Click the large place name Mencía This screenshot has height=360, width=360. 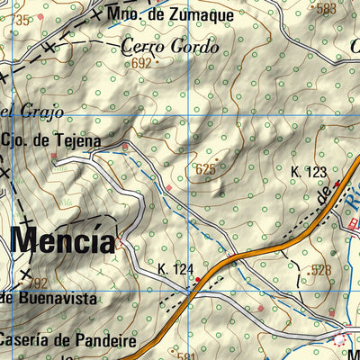[63, 241]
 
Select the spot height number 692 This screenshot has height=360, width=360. [141, 63]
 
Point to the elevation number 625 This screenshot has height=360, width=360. [205, 168]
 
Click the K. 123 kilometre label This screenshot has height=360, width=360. [308, 171]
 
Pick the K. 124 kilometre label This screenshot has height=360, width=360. [175, 269]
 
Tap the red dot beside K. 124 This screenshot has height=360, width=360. [200, 280]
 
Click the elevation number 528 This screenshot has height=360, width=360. [320, 270]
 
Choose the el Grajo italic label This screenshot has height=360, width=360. [20, 112]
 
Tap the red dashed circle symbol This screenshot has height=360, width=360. [340, 339]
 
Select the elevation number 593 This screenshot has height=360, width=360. [326, 9]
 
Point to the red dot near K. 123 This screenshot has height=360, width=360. [337, 183]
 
